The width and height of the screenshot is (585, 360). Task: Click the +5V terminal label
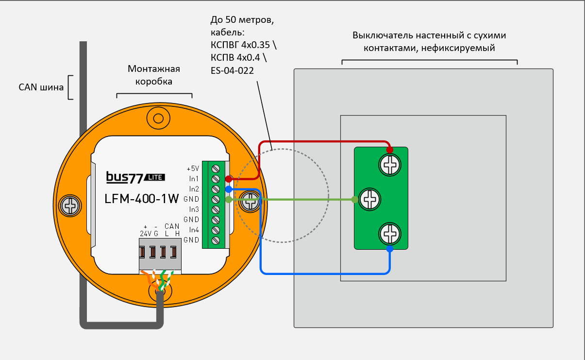click(x=193, y=169)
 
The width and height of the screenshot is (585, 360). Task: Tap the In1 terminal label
click(x=194, y=179)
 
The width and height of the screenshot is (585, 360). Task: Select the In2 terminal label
click(x=194, y=189)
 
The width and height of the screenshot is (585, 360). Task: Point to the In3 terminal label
click(x=194, y=209)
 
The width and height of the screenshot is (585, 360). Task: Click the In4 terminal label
click(x=194, y=230)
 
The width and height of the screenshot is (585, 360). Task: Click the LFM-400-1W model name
click(x=142, y=199)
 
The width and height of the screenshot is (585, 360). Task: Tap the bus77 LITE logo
click(x=135, y=177)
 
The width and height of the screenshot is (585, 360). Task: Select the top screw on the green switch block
click(x=390, y=165)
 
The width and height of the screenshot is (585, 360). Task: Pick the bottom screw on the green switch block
click(x=390, y=234)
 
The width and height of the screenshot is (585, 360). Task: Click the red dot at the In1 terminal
click(x=229, y=179)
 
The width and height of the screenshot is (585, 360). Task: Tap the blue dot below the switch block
click(x=390, y=249)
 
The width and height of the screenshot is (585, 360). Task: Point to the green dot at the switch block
click(x=355, y=199)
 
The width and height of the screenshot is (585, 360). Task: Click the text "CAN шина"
click(x=41, y=87)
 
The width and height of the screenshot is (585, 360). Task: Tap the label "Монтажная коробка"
click(x=154, y=75)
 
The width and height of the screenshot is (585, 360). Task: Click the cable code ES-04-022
click(x=232, y=70)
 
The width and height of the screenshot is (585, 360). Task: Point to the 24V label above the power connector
click(x=146, y=234)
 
